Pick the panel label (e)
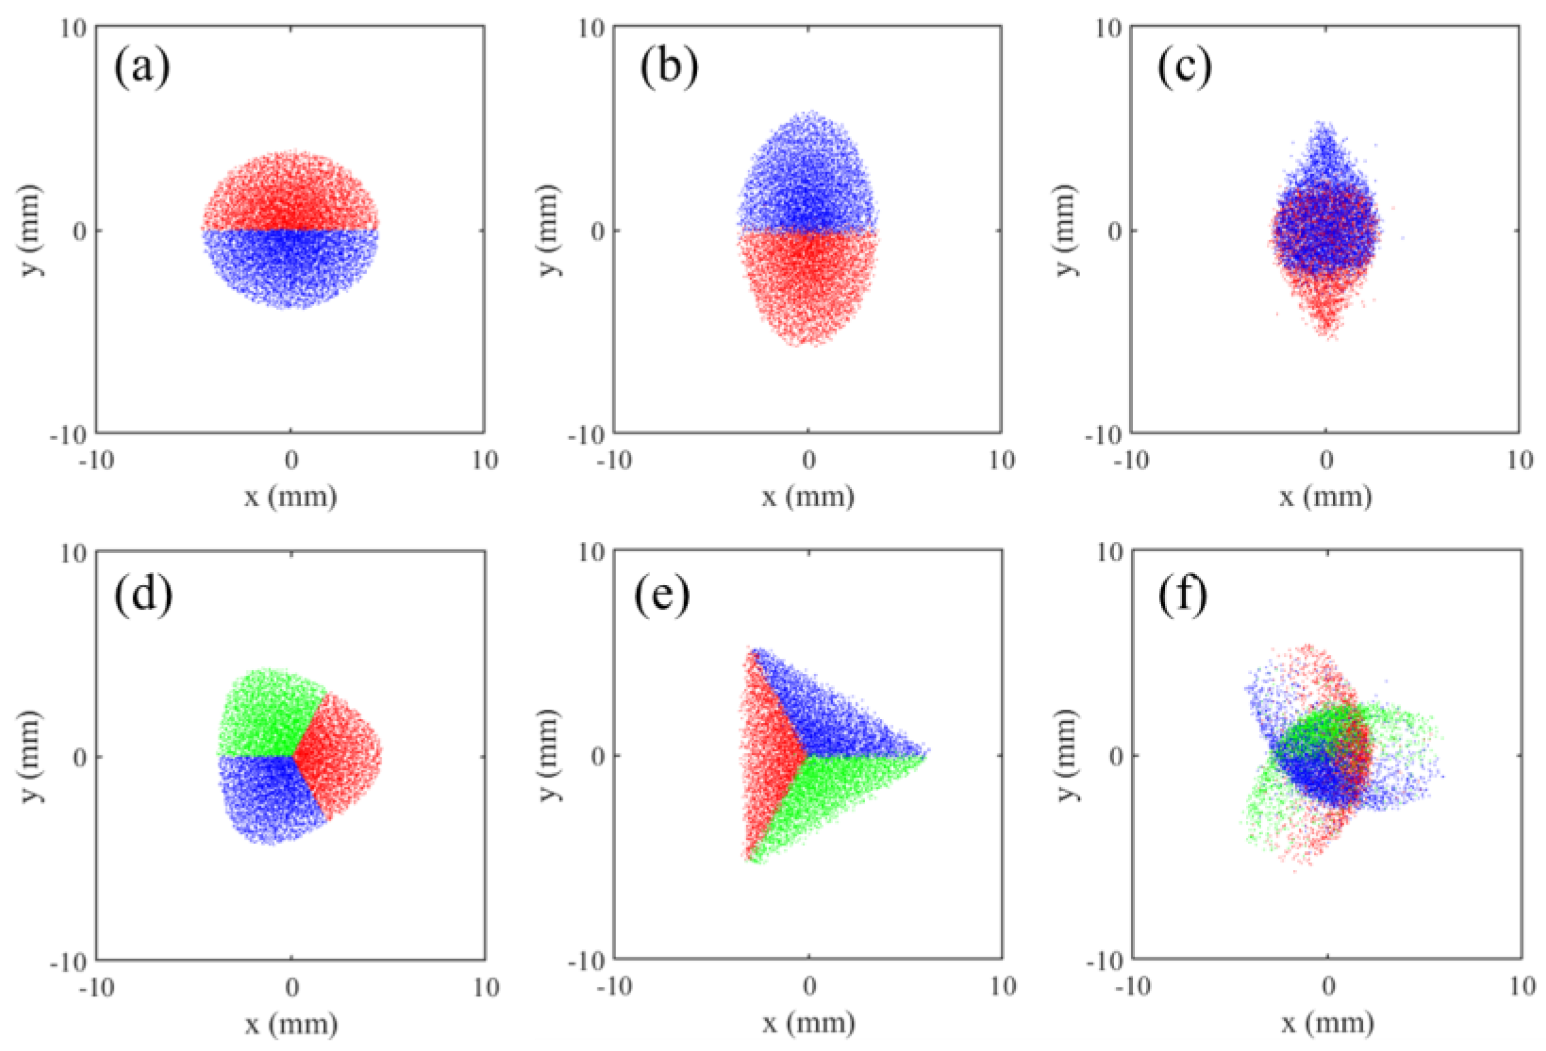(x=662, y=594)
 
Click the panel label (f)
(x=1182, y=594)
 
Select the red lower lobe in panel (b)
(x=809, y=286)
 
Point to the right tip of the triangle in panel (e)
(x=926, y=752)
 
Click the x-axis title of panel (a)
(x=290, y=496)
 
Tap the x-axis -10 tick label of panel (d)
(x=97, y=987)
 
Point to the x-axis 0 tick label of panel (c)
(x=1326, y=460)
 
